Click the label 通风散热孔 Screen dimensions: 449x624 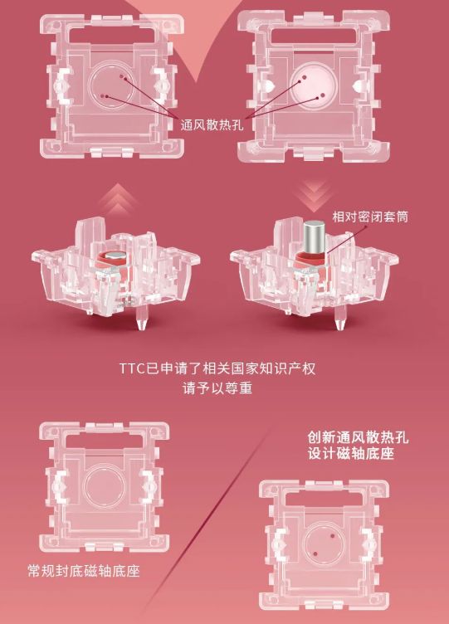(x=212, y=125)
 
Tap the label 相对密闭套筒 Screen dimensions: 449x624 (x=370, y=217)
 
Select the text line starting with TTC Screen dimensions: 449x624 (x=217, y=368)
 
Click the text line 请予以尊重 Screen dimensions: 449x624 (x=217, y=388)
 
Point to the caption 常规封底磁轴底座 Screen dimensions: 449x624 (x=84, y=571)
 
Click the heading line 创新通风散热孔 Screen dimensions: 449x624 (x=358, y=437)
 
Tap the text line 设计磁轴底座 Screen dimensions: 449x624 (x=351, y=453)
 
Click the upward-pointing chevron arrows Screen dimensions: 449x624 (x=118, y=199)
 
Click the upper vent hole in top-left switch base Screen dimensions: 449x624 (x=122, y=76)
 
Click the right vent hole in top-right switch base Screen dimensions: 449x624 (x=323, y=95)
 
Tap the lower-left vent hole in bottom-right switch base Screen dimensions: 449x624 (x=315, y=553)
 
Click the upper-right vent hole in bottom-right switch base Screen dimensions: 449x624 (x=333, y=536)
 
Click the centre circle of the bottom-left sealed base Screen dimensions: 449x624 (x=105, y=486)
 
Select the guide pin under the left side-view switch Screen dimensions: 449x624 (x=141, y=318)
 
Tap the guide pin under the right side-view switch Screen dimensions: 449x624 (x=339, y=318)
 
